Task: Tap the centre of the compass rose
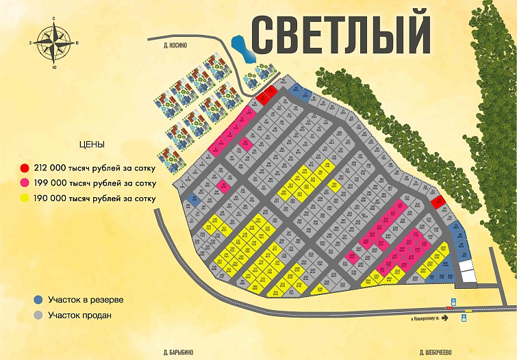pos(53,42)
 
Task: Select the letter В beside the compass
pos(77,43)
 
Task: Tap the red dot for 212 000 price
pos(25,168)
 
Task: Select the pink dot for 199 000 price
pos(25,183)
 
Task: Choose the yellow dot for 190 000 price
pos(25,198)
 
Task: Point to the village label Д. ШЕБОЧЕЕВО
pos(434,353)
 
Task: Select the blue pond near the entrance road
pos(240,49)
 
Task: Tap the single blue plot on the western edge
pos(194,201)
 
